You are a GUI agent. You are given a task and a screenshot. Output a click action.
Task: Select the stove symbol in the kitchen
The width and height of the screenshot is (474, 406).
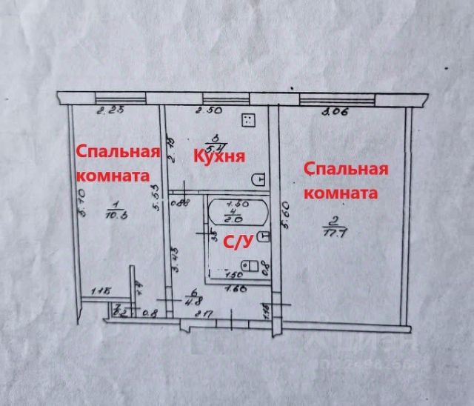248,121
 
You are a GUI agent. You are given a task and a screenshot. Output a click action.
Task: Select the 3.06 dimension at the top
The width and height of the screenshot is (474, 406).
335,112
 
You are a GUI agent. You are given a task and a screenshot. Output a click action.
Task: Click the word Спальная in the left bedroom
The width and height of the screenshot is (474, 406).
119,152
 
